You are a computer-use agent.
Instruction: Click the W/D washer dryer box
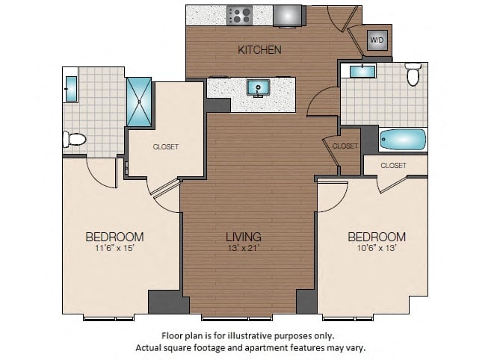pos(377,40)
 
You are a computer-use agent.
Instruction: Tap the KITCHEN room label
pos(259,50)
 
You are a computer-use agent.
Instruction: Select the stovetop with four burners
pos(239,16)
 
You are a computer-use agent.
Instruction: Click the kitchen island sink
pos(259,87)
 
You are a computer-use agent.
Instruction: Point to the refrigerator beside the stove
pos(288,16)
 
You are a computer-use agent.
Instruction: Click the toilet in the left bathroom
pos(75,139)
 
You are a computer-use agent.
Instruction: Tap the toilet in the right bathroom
pos(413,74)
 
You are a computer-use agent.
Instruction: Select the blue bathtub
pos(403,140)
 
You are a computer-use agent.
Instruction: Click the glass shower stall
pos(139,102)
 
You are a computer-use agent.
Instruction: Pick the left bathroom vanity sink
pos(71,89)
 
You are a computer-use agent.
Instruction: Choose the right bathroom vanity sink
pos(363,72)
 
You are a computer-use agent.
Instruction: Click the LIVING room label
pos(244,237)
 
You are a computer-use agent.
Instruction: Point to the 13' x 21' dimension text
pos(244,248)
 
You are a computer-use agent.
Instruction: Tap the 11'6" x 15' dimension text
pos(114,248)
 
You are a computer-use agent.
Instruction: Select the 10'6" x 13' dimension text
pos(377,247)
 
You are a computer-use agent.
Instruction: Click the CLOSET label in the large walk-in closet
pos(165,147)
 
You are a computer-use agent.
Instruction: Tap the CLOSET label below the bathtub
pos(393,165)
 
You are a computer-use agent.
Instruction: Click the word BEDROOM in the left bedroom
pos(114,237)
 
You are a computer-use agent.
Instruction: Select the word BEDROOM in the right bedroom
pos(377,237)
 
